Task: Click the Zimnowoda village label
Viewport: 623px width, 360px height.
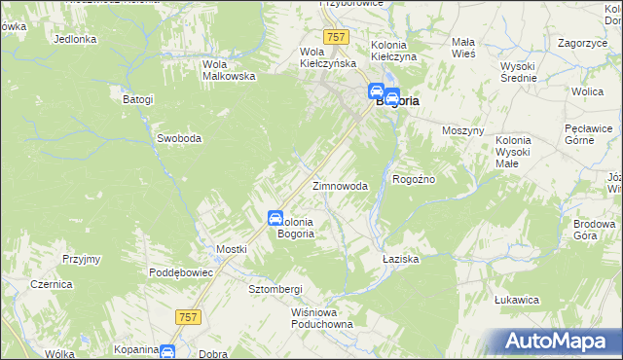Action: click(339, 186)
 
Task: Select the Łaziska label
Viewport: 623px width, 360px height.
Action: click(400, 259)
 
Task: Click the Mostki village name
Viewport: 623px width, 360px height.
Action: click(232, 249)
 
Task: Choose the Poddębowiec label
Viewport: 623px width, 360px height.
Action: click(181, 272)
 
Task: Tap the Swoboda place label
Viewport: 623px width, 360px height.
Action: click(179, 138)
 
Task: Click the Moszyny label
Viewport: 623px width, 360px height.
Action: click(462, 130)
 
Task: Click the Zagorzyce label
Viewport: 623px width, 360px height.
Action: click(581, 44)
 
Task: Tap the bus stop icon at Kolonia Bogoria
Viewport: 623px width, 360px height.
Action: click(275, 219)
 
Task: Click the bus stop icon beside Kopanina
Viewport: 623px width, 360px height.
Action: click(167, 351)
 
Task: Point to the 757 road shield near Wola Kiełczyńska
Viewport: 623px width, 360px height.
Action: click(337, 37)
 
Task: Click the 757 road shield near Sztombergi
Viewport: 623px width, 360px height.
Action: click(189, 316)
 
